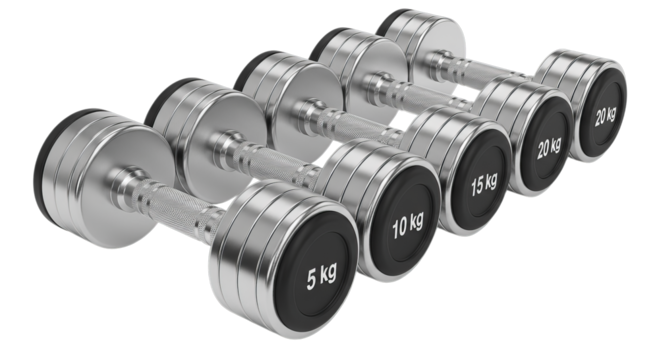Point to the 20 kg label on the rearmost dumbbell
[604, 113]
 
